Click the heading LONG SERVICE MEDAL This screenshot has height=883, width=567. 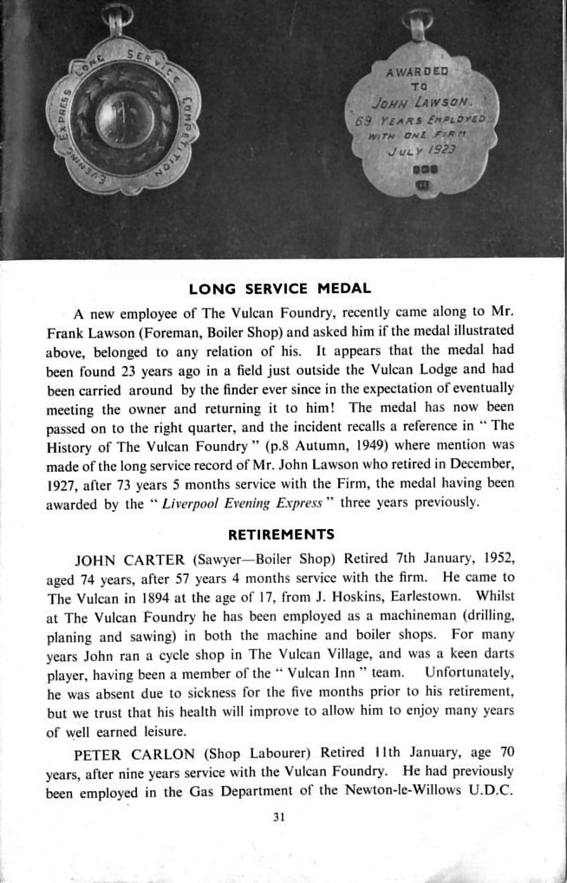coord(280,289)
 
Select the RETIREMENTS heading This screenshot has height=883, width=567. coord(280,533)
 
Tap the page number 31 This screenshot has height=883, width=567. coord(279,815)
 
